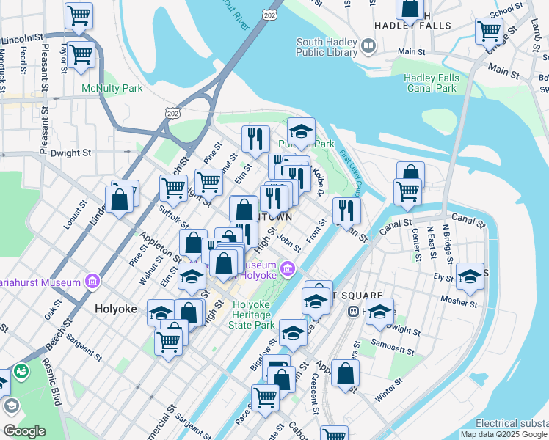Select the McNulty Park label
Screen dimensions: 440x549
tap(112, 88)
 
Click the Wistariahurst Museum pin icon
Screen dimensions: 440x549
tap(92, 281)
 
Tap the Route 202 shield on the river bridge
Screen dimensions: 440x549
tap(270, 15)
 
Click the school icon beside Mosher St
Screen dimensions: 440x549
tap(470, 276)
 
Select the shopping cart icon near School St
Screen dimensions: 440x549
tap(488, 30)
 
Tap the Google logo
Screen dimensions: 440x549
tap(24, 431)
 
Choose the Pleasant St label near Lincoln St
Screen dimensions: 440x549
tap(46, 70)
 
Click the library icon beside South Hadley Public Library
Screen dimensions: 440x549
tap(368, 46)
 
